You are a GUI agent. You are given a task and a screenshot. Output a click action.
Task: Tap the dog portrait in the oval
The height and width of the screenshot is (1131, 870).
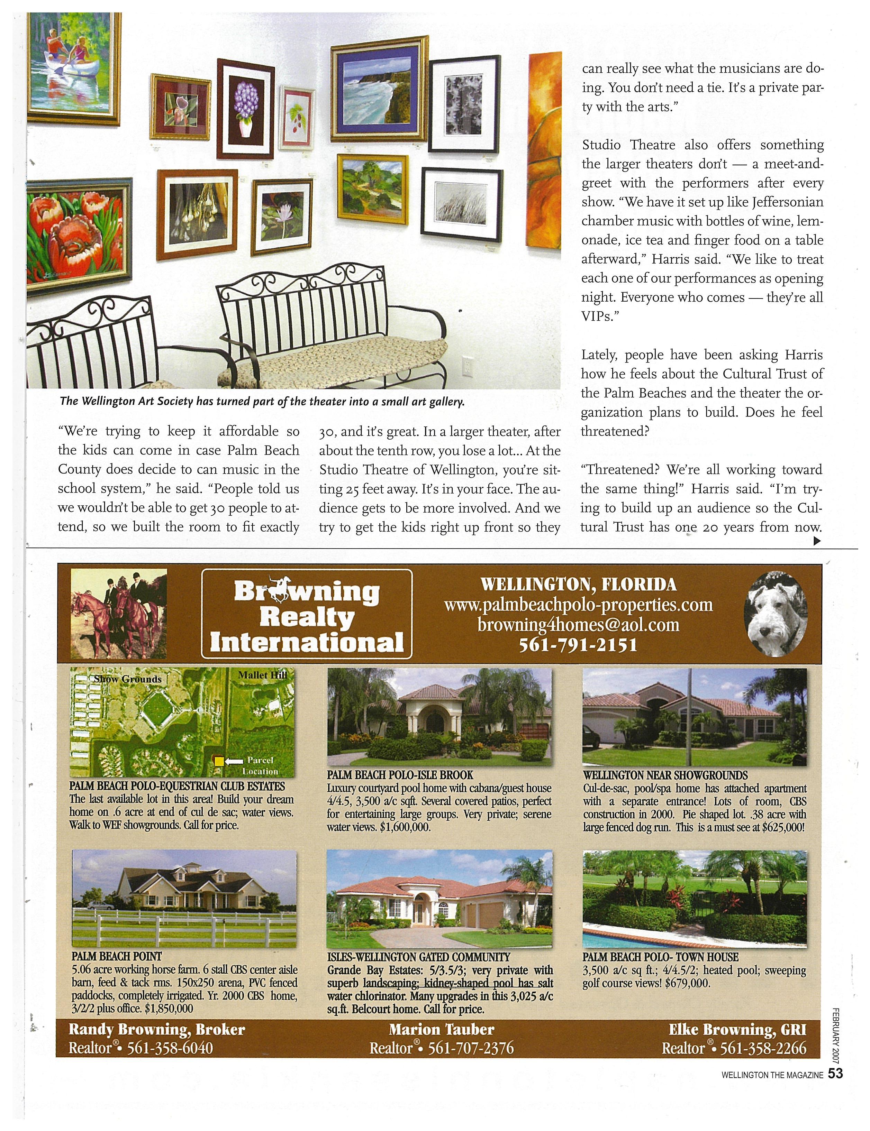point(774,614)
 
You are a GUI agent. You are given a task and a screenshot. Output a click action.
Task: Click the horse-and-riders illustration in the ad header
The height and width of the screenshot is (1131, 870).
point(119,613)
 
